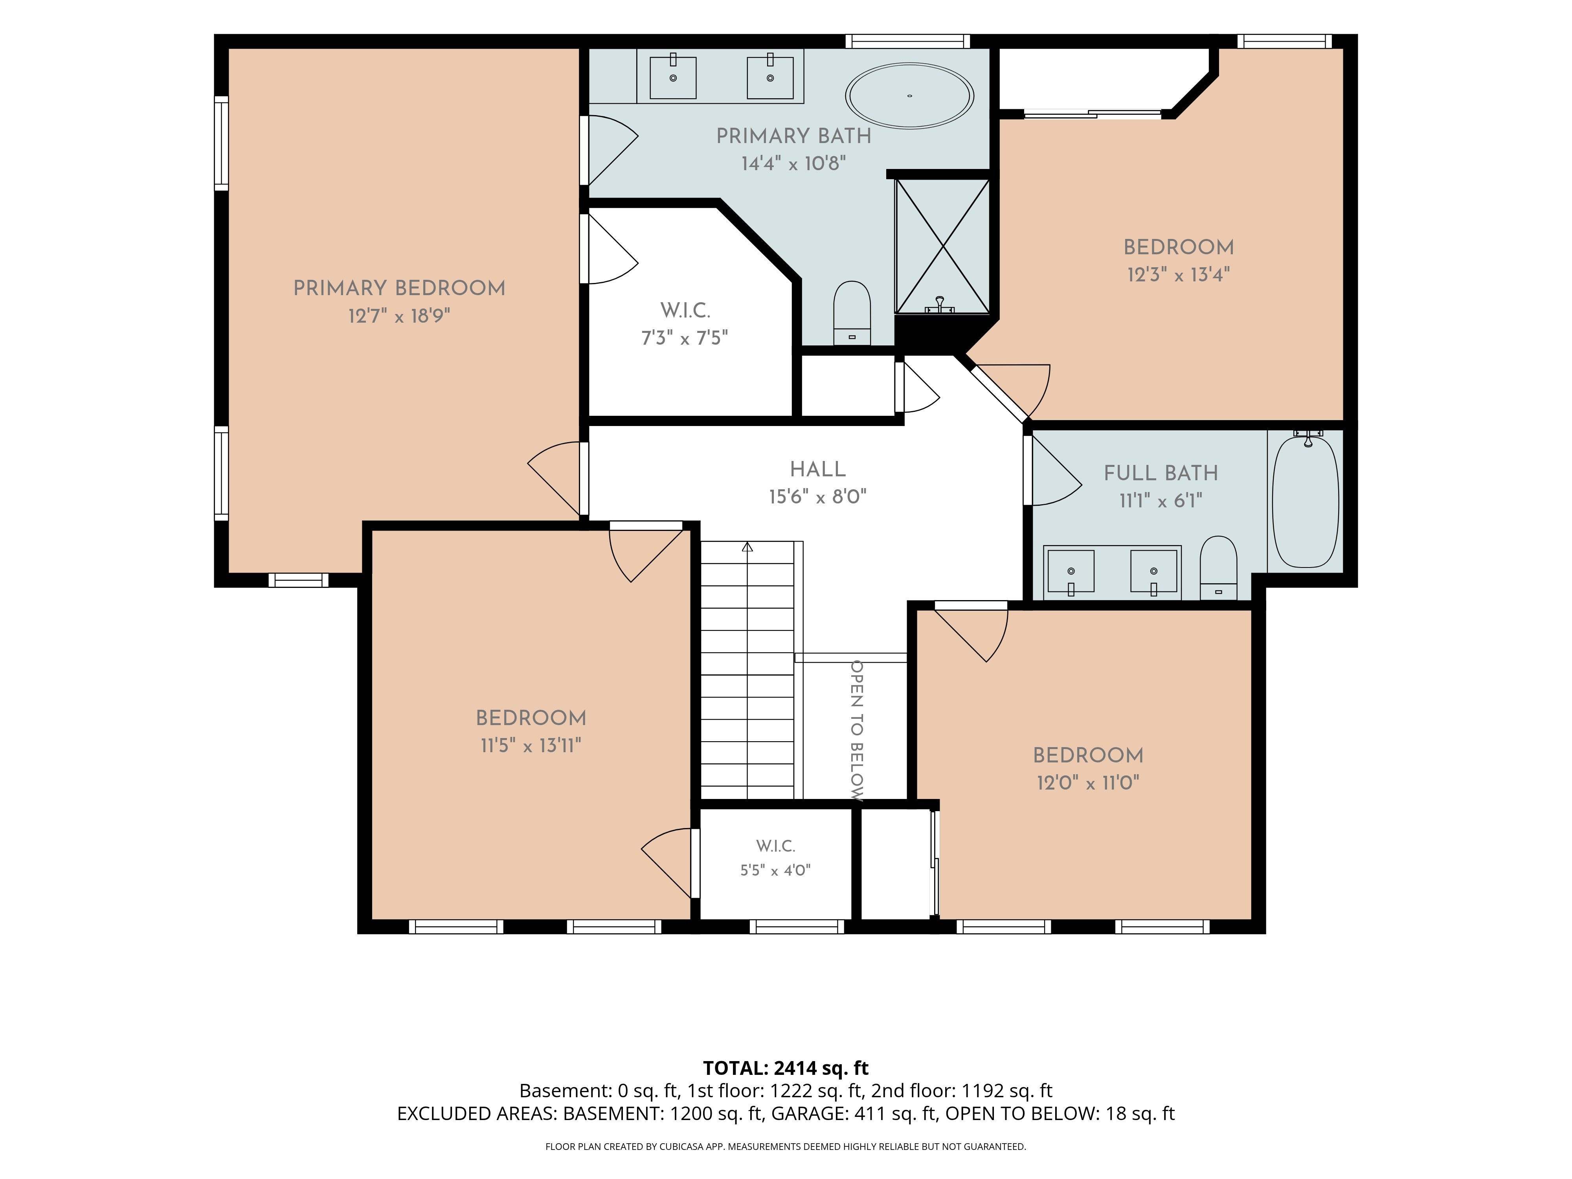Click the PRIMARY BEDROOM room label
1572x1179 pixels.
399,288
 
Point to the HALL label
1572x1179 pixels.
818,469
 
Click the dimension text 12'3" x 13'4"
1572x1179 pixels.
1178,274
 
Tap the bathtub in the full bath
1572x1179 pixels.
1306,502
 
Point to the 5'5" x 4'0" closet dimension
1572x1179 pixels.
775,870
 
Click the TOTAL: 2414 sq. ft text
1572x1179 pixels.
786,1068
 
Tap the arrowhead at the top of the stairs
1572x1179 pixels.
747,547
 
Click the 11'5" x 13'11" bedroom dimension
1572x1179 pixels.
531,746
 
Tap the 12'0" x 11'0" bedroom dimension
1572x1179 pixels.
1088,782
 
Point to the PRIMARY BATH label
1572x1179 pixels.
794,136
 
